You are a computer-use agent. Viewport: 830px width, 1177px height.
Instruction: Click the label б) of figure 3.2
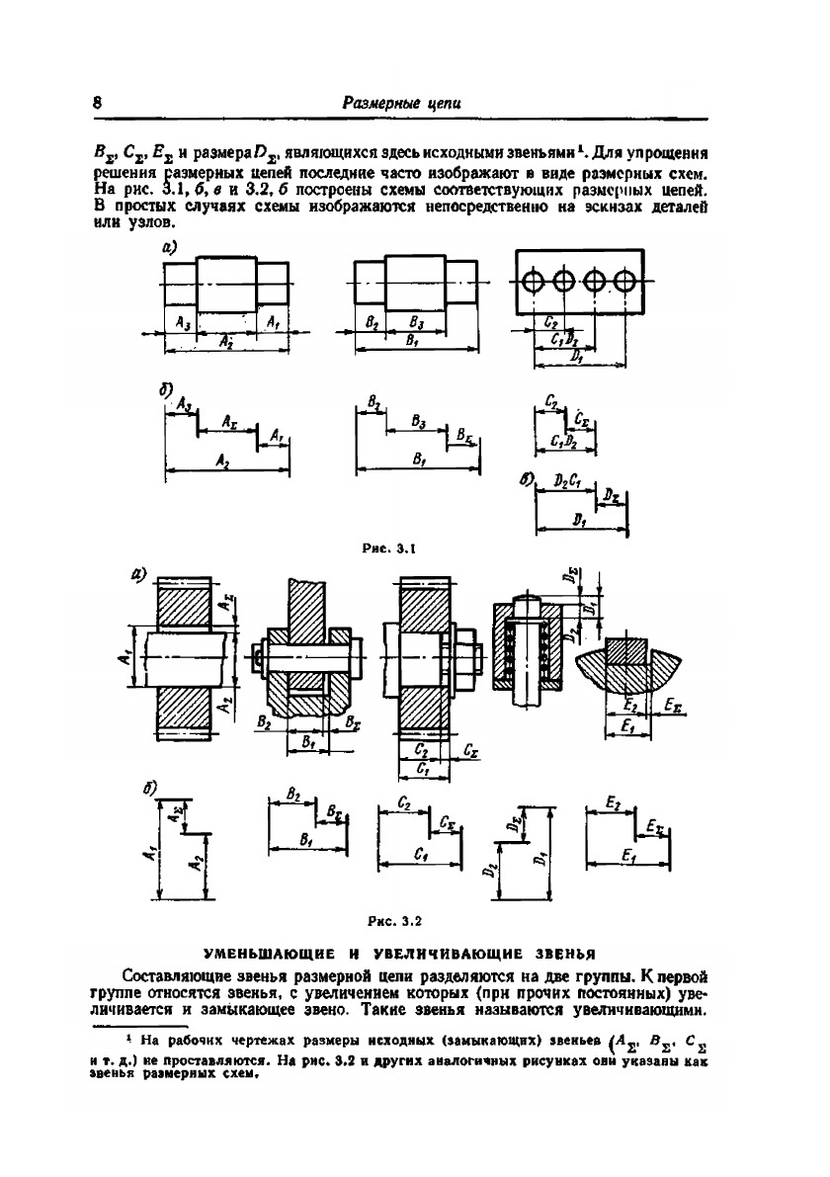150,788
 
